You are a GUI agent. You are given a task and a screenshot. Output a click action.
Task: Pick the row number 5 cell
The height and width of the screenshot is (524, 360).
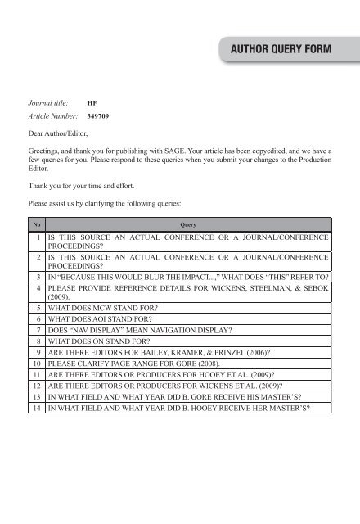tap(38, 310)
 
